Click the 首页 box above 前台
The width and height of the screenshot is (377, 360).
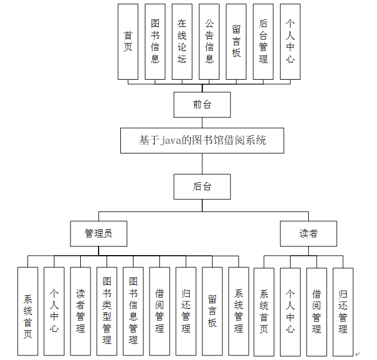(128, 41)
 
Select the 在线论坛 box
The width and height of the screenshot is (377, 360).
(182, 41)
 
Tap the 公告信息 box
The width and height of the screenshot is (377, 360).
(209, 41)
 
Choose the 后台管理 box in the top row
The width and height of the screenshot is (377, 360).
(263, 41)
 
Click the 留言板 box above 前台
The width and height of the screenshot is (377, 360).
(236, 41)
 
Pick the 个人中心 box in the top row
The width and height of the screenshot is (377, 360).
(290, 41)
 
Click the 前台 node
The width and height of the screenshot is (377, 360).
(202, 105)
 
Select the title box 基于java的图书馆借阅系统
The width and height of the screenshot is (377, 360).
(202, 140)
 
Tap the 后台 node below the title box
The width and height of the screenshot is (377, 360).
(202, 187)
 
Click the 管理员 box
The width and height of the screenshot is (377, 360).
(98, 234)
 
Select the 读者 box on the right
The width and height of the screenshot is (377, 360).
(308, 234)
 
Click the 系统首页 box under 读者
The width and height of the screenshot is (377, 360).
(264, 312)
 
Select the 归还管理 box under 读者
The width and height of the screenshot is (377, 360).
(343, 312)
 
